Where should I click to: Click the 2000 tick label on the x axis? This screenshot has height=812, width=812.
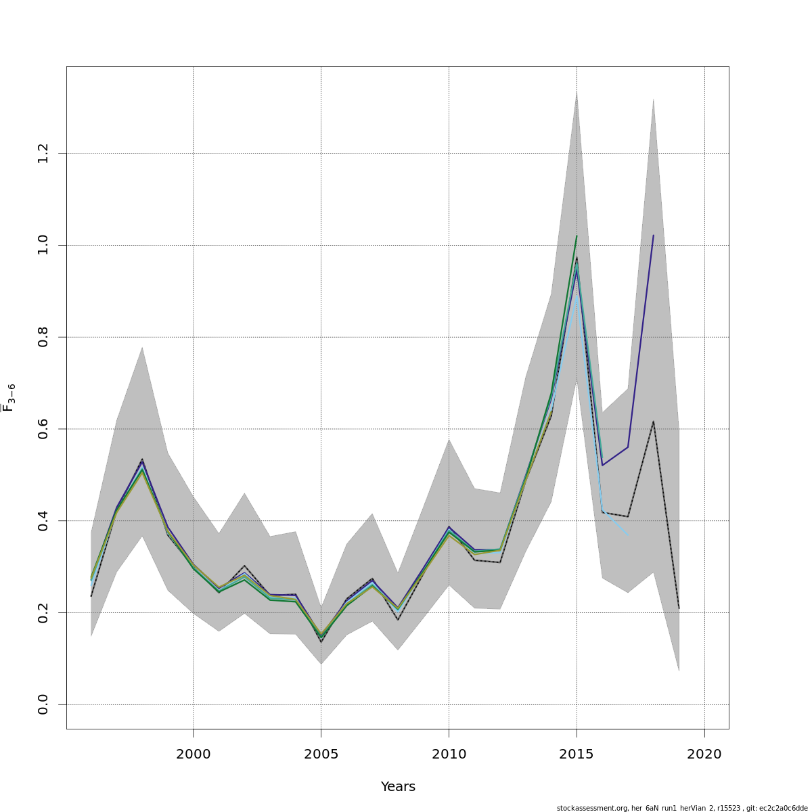coord(194,754)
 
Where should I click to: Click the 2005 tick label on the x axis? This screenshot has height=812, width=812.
coord(321,754)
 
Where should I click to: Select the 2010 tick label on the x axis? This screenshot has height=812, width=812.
coord(449,754)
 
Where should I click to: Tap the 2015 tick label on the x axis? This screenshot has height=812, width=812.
coord(577,754)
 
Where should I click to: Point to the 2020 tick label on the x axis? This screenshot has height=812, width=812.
coord(704,754)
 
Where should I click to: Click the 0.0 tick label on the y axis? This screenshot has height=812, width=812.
coord(43,704)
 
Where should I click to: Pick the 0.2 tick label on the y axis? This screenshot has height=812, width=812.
coord(43,612)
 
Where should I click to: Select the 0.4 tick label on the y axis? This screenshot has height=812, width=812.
coord(43,520)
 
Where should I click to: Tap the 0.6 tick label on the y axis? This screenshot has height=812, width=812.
coord(43,429)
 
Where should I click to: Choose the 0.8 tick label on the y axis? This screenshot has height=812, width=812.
coord(43,337)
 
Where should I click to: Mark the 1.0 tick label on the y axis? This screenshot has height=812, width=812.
coord(43,245)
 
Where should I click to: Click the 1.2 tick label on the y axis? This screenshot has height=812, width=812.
coord(43,153)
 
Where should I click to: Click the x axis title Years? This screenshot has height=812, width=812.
coord(398,787)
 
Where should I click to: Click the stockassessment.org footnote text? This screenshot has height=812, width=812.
coord(682,808)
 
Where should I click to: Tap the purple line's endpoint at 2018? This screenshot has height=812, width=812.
coord(653,235)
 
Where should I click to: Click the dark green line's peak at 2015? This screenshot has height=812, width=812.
coord(577,236)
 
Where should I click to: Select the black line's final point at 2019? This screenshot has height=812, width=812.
coord(679,608)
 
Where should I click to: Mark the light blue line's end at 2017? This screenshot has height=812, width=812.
coord(628,536)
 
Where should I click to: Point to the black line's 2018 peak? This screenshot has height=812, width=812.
coord(653,422)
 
